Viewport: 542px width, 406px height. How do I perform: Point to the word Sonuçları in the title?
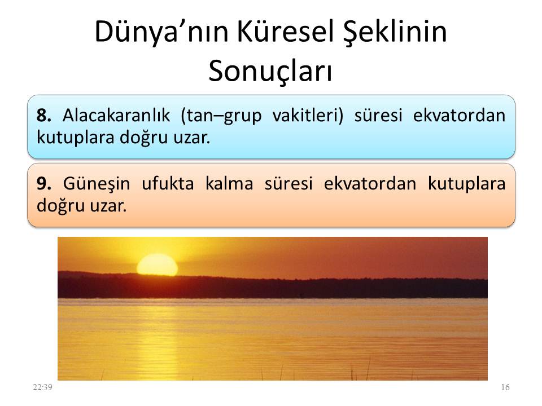coord(270,72)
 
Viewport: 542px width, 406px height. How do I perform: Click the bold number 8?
coord(44,116)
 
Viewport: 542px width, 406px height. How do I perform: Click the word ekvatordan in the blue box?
coord(460,116)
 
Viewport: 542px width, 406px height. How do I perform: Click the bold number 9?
coord(44,184)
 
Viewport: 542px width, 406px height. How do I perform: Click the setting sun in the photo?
coord(158,264)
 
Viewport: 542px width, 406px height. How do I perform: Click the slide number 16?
coord(505,387)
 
